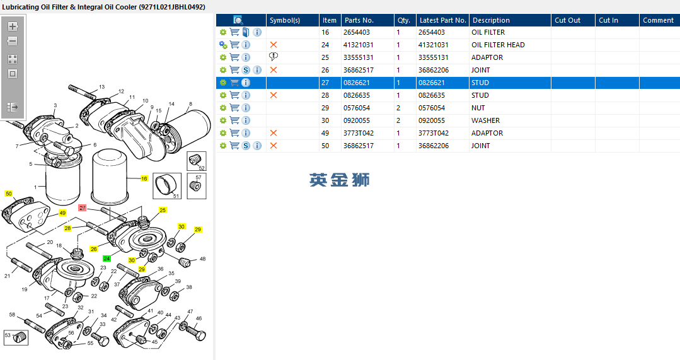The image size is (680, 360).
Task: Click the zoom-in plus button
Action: click(13, 26)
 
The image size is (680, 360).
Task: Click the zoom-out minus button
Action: click(13, 41)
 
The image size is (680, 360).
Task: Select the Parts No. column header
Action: click(359, 20)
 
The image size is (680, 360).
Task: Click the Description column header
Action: click(491, 20)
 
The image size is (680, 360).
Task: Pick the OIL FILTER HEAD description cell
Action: click(498, 45)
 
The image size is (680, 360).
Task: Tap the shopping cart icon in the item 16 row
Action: click(234, 32)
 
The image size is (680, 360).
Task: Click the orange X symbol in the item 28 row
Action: click(274, 95)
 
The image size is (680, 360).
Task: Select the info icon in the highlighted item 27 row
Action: click(246, 83)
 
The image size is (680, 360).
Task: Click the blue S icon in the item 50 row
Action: click(246, 146)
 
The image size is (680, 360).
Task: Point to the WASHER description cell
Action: click(485, 120)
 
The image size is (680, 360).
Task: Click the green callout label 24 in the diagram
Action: click(107, 258)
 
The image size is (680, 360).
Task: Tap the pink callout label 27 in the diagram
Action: click(83, 208)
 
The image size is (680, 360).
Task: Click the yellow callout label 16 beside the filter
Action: click(144, 178)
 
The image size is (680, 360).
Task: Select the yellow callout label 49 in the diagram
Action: click(62, 213)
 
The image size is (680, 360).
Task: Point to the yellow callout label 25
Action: click(163, 210)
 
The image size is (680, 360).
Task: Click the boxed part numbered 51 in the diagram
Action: click(167, 185)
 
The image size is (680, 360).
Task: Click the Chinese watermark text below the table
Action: click(339, 180)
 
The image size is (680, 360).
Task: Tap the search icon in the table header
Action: click(238, 20)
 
